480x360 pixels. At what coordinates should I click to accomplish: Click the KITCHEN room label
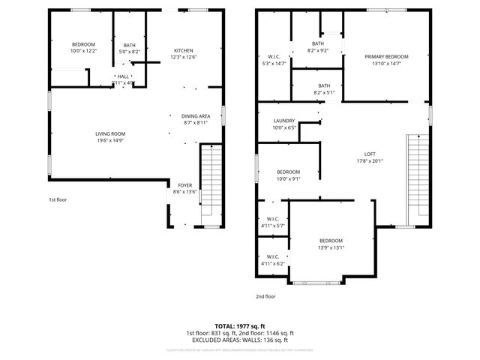point(184,50)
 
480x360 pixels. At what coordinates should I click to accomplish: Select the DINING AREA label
point(195,116)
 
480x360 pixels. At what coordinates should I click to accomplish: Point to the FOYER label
point(184,184)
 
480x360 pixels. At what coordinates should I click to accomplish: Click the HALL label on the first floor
point(122,76)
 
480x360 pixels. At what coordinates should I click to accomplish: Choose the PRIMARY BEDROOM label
point(386,57)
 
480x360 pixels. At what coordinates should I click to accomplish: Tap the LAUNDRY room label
point(284,121)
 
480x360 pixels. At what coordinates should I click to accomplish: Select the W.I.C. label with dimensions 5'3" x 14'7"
point(274,57)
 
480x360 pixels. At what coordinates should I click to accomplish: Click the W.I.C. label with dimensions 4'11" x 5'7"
point(273,219)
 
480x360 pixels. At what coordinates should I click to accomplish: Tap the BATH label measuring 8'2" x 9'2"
point(318,43)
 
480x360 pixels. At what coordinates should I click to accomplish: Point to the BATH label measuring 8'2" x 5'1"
point(324,85)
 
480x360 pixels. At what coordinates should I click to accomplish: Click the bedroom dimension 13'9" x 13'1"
point(330,248)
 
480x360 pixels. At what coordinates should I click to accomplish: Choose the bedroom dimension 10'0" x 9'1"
point(288,178)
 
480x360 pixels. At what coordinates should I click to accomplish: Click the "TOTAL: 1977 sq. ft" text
point(239,326)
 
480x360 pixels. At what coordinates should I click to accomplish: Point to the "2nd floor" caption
point(265,296)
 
